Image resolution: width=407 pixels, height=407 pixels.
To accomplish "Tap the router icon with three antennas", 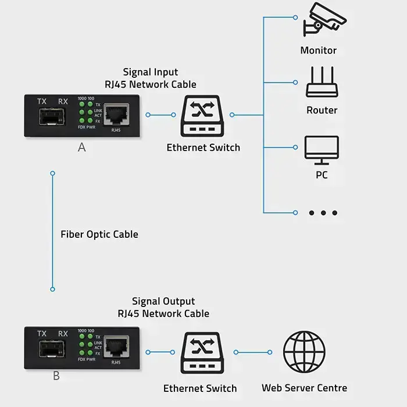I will (322, 82).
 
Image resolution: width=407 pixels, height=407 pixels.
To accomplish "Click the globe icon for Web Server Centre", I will (304, 352).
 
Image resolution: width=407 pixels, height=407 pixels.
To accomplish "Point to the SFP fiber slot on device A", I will (52, 117).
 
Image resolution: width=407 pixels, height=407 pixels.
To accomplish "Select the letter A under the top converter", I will (81, 148).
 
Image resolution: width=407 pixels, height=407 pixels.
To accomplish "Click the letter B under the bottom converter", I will (56, 376).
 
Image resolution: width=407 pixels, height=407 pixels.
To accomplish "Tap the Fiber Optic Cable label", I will (99, 234).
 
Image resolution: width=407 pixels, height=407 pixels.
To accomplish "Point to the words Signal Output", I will (163, 301).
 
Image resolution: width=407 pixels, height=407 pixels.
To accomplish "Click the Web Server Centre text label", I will (304, 388).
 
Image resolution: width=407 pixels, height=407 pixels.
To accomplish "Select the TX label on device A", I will (42, 101).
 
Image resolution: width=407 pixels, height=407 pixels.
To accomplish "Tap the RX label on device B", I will (63, 334).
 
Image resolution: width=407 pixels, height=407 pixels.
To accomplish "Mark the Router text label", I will (322, 110).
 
